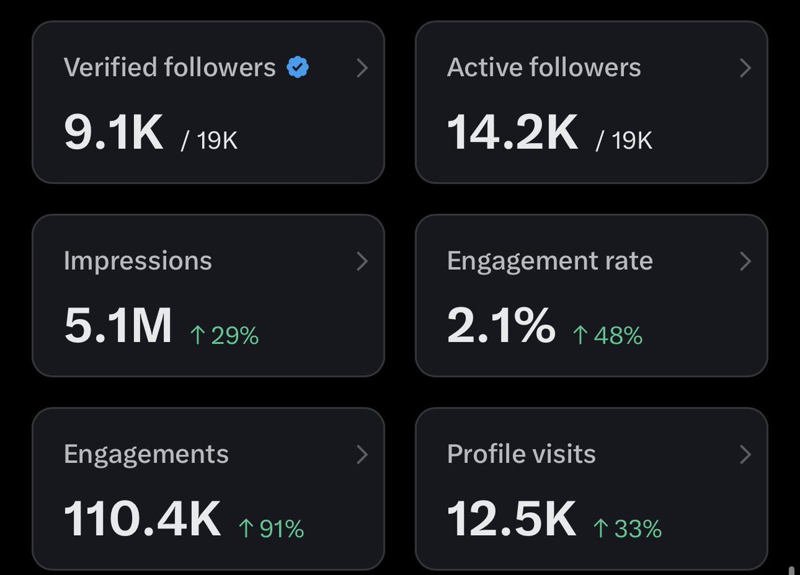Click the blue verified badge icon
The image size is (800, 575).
point(297,67)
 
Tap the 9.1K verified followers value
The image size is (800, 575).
point(113,132)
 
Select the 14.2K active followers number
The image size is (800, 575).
point(512,132)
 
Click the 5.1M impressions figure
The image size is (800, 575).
point(118,325)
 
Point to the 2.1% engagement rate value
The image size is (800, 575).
point(501,325)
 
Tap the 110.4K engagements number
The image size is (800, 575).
point(142,518)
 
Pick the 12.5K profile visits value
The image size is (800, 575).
point(511,518)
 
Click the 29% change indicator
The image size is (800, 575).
point(224,336)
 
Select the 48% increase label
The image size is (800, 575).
point(607,336)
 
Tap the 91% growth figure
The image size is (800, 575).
point(271,528)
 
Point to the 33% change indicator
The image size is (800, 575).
point(627,528)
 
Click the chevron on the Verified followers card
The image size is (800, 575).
point(362,68)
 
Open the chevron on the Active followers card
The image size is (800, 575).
point(745,68)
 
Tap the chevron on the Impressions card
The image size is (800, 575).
point(362,261)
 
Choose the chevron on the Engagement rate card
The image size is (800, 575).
point(745,261)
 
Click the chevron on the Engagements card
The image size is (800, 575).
point(362,454)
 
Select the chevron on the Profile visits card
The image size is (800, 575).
point(745,454)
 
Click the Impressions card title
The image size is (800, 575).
point(138,262)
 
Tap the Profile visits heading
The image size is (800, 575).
point(521,454)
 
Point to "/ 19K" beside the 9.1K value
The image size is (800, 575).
point(209,141)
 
